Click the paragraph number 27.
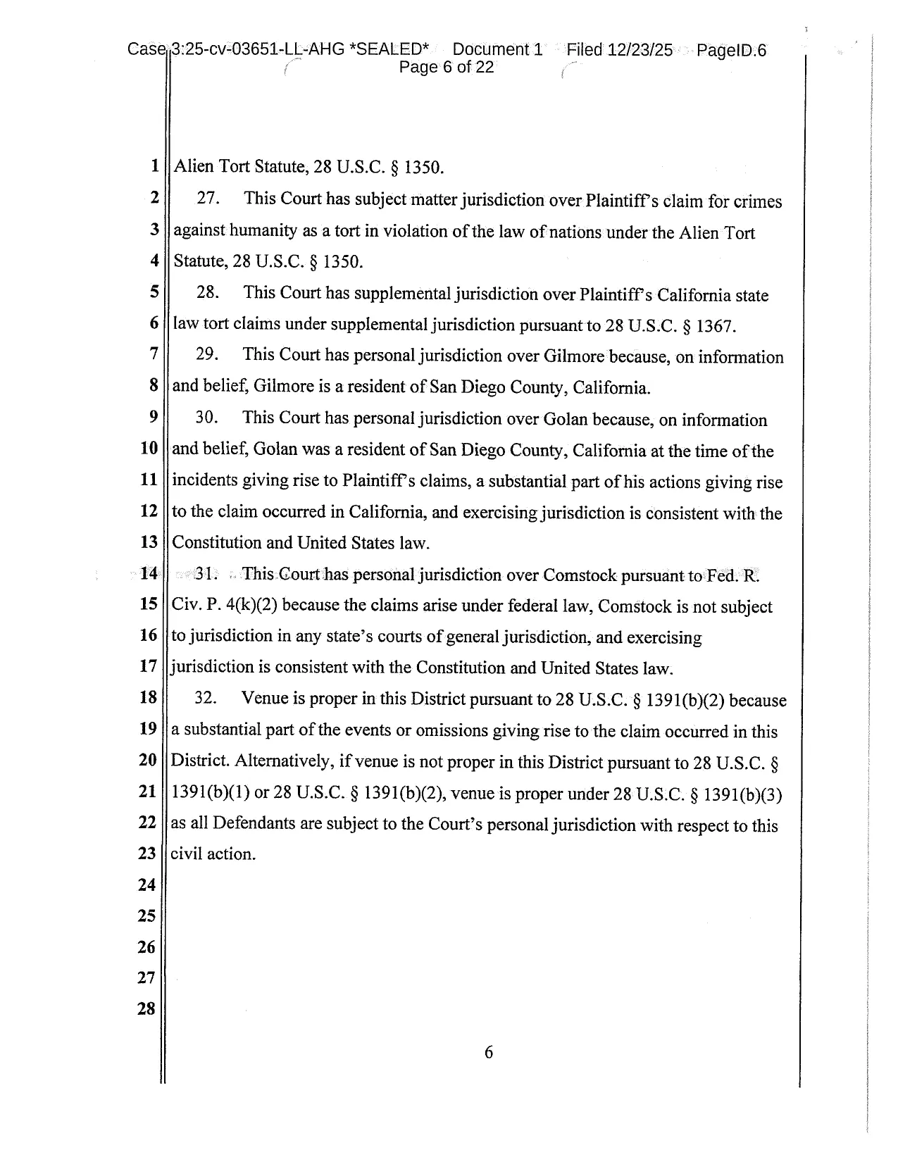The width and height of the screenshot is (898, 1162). (x=208, y=199)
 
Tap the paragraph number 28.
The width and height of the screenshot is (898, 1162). (x=208, y=292)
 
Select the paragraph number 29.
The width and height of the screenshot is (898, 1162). (x=207, y=354)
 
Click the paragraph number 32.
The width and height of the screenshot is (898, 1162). (x=205, y=698)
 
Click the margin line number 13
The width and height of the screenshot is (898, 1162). (x=148, y=542)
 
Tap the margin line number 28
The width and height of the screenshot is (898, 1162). (x=146, y=1008)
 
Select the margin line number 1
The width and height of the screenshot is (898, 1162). (x=154, y=168)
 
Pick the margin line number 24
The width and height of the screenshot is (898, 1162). (x=146, y=885)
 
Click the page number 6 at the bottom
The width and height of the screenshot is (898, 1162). (x=489, y=1053)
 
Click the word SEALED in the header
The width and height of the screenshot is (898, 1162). (x=391, y=50)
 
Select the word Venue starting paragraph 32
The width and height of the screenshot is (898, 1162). (x=263, y=699)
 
